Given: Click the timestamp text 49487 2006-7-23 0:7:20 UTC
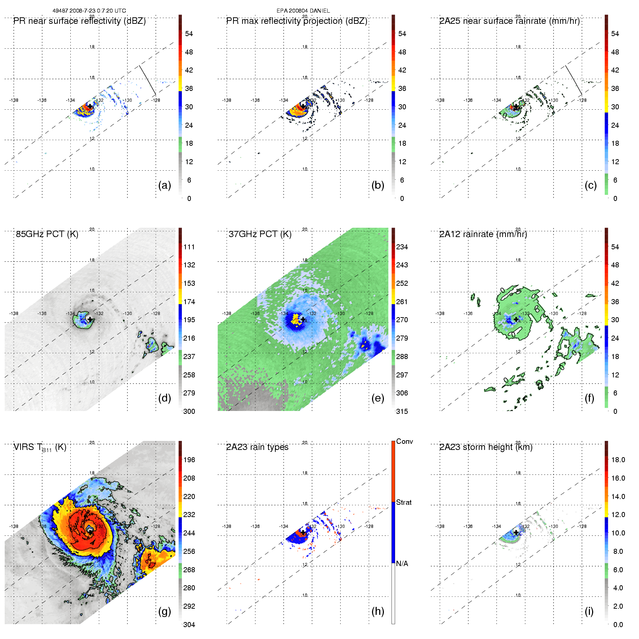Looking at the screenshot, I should [89, 11].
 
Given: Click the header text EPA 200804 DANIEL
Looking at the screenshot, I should [303, 11].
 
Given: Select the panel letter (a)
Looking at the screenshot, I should [165, 185].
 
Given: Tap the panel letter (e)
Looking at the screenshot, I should [377, 398].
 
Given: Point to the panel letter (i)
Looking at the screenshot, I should [589, 611].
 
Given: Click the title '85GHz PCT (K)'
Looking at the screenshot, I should [47, 234].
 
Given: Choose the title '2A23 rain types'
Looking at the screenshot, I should [257, 447].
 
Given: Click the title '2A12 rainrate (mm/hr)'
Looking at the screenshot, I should [483, 234].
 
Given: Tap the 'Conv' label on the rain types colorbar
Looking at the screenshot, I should [404, 442].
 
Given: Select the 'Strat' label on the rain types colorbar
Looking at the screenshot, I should [404, 503].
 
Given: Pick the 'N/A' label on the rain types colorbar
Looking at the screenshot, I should [402, 564].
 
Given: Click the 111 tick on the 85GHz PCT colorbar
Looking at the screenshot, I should [189, 247].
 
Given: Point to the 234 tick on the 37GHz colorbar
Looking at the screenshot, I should [402, 247].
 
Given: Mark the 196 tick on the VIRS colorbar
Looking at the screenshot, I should [189, 460].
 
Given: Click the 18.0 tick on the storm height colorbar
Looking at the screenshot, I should [618, 460].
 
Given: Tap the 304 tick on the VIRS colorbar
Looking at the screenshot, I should [189, 625].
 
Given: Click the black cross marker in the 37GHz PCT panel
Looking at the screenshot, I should [303, 319].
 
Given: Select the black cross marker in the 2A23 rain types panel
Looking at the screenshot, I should [303, 533].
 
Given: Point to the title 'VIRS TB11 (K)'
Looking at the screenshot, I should [40, 447].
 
